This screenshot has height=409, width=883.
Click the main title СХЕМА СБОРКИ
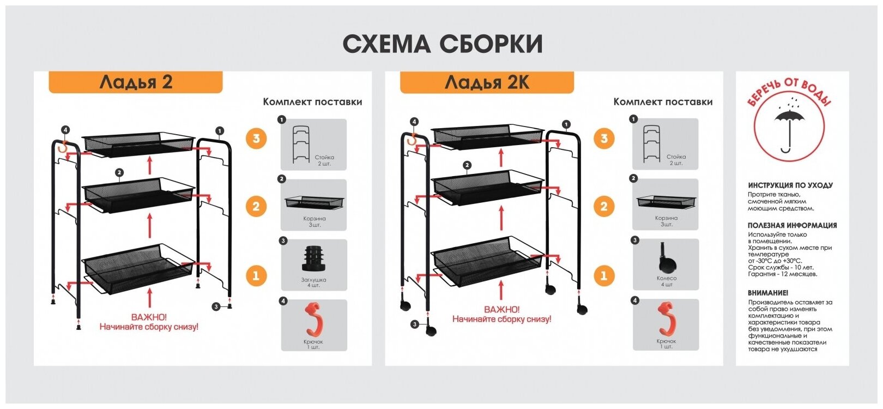442,44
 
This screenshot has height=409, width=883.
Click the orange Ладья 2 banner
136,82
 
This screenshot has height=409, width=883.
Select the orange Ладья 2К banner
487,82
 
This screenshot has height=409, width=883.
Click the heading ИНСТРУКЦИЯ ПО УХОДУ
790,185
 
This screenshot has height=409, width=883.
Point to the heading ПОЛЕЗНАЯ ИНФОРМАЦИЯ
792,225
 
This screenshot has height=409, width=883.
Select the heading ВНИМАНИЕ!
768,293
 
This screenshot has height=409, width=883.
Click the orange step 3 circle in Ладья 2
256,139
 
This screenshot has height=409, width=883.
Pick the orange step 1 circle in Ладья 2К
603,275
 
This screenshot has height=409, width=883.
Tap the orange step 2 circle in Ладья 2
256,207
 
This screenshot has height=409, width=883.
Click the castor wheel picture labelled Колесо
666,260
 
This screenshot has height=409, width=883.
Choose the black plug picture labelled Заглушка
314,258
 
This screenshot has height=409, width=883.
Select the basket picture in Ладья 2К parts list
666,201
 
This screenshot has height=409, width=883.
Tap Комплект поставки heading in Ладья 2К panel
663,102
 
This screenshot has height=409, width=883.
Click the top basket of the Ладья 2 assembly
138,141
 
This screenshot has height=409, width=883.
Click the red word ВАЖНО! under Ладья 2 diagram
149,317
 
